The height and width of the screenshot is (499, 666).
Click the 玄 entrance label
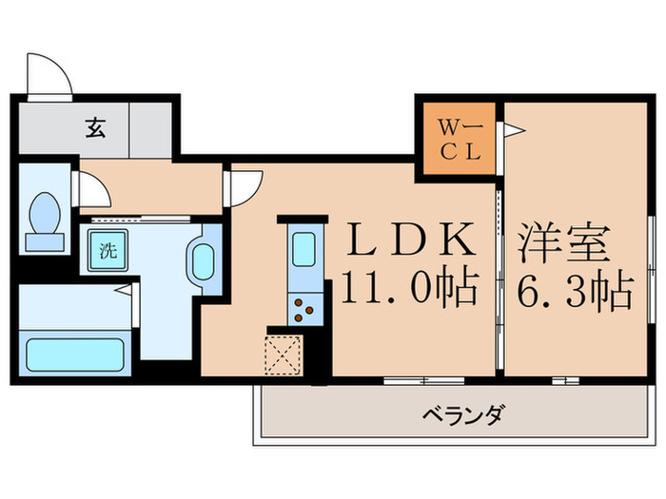coord(96,126)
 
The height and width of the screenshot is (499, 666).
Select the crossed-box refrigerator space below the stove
coord(284,356)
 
